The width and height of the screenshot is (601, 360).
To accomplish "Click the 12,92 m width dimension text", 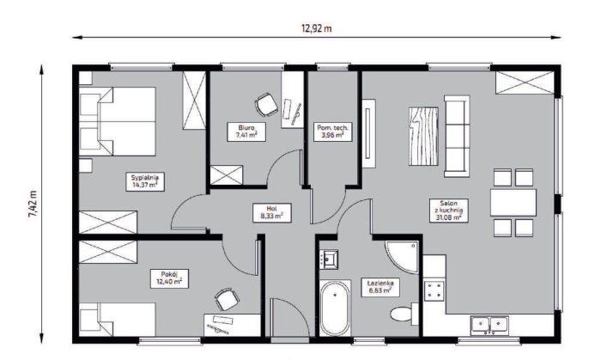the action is (x=317, y=28).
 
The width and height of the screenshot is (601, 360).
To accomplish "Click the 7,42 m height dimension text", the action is (x=33, y=204).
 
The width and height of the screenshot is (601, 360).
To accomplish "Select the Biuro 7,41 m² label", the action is (x=246, y=131).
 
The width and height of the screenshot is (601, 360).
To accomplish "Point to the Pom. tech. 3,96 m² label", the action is (x=333, y=131).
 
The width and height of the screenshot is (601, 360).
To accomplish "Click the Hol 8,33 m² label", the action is (x=272, y=213).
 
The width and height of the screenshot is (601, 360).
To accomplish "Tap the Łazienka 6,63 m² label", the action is (x=380, y=287).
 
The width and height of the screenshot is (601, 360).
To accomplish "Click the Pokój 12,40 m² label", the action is (x=169, y=278).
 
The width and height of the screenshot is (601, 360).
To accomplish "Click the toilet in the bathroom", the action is (x=404, y=314).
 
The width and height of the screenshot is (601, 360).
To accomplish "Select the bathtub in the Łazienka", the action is (x=335, y=308).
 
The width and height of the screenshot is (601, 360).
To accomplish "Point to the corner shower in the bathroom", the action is (x=402, y=257).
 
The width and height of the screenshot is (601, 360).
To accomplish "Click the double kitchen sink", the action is (x=490, y=326).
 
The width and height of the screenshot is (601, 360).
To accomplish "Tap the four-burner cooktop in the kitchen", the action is (x=434, y=290).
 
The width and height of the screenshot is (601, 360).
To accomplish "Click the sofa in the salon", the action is (x=457, y=137).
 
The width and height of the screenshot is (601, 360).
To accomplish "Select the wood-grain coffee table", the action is (x=423, y=136).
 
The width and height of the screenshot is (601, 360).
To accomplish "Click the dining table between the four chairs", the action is (x=513, y=202).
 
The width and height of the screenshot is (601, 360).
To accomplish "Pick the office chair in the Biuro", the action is (x=266, y=104).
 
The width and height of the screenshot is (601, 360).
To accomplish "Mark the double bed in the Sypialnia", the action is (x=118, y=121).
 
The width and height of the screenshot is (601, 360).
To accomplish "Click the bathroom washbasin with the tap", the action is (x=329, y=259).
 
